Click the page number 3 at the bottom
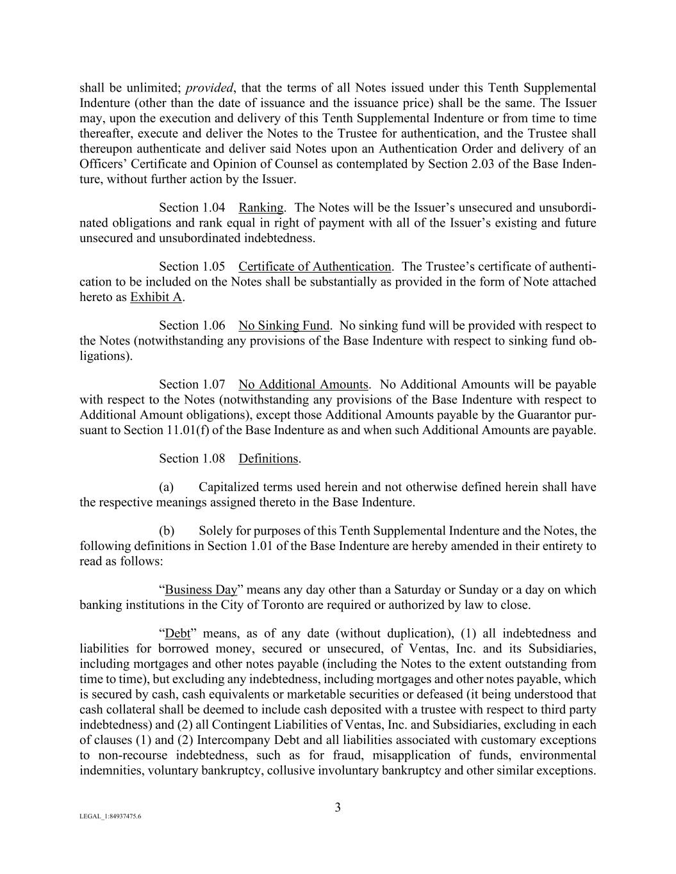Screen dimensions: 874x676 tap(338, 807)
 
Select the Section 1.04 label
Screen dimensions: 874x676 tap(192, 207)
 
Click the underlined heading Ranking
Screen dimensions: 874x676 tap(261, 207)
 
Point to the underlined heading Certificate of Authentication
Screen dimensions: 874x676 tap(314, 266)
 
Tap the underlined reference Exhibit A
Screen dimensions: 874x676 tap(156, 297)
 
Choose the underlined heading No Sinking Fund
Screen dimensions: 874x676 tap(284, 325)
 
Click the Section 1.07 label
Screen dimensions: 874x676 tap(192, 384)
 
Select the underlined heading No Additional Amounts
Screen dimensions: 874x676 tap(303, 384)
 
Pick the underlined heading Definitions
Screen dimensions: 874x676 tap(268, 458)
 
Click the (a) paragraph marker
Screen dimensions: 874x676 tap(166, 487)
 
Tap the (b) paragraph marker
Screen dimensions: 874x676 tap(167, 531)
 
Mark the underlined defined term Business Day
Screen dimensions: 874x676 tap(201, 590)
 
